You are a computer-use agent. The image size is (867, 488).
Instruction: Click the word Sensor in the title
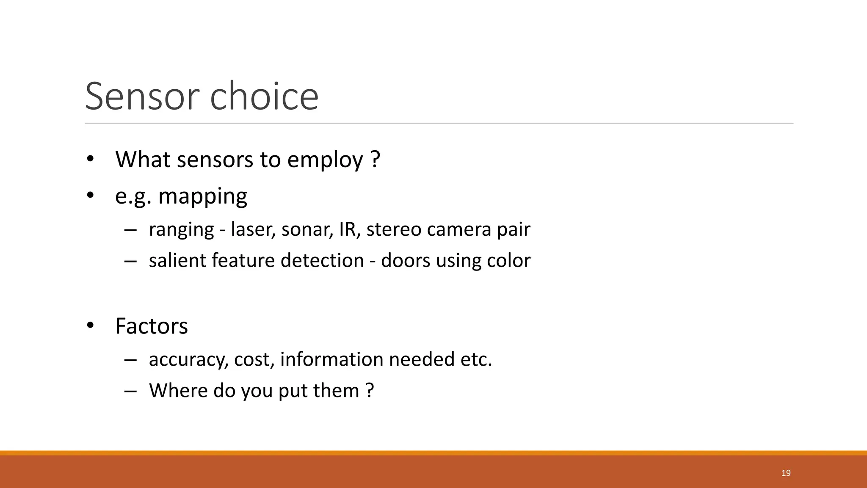coord(142,96)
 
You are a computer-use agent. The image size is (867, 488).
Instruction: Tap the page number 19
coord(786,473)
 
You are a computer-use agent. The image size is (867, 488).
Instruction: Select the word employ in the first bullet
coord(325,160)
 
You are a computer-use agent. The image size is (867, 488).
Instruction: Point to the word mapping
coord(202,197)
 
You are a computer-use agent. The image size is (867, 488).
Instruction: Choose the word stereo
coord(394,229)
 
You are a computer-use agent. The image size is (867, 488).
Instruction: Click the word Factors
coord(152,326)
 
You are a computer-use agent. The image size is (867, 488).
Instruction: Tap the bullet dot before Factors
coord(90,326)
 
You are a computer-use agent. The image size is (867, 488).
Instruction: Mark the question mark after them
coord(370,390)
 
